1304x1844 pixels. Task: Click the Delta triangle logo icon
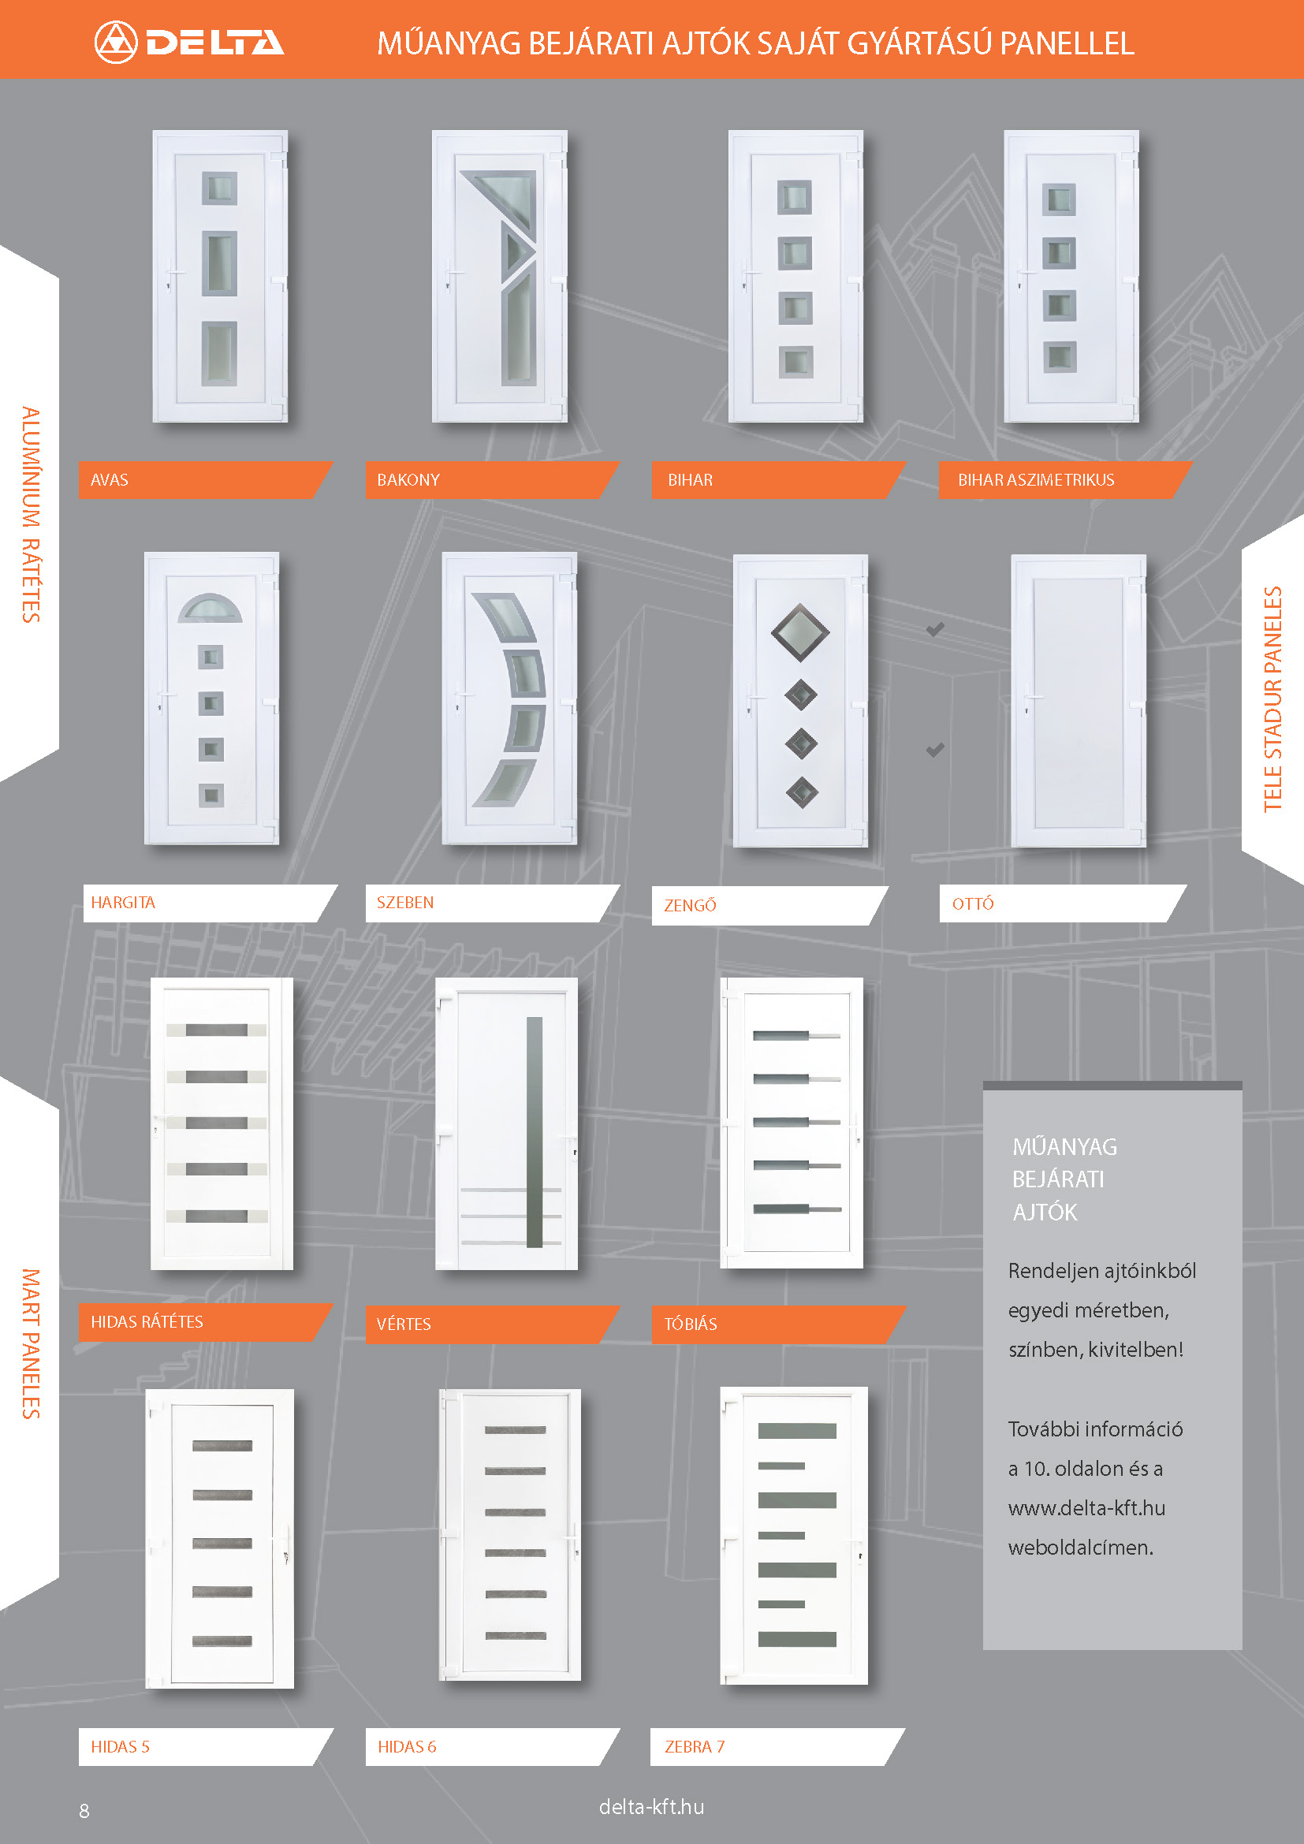pos(116,42)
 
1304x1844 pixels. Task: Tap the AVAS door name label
pos(110,479)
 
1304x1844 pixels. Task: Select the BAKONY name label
pos(408,479)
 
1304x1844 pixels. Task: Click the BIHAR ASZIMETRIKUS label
pos(1036,479)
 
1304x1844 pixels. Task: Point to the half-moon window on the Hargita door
pos(210,609)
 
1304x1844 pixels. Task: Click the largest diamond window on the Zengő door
pos(799,633)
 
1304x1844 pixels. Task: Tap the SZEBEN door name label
pos(404,902)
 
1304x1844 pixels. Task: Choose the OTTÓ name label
pos(972,903)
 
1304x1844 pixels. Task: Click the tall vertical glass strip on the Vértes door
pos(534,1131)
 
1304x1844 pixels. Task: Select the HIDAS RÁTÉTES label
pos(147,1321)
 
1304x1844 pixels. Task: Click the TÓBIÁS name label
pos(691,1324)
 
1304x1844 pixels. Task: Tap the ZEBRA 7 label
pos(694,1746)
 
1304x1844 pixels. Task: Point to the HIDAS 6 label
pos(406,1746)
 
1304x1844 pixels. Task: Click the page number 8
pos(84,1810)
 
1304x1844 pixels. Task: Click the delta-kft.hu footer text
pos(651,1806)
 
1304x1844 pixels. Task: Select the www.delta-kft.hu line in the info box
pos(1086,1507)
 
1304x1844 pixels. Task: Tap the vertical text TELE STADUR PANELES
pos(1272,698)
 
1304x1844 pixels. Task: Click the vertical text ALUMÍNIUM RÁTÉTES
pos(31,515)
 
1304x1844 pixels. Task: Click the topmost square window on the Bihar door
pos(794,197)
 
